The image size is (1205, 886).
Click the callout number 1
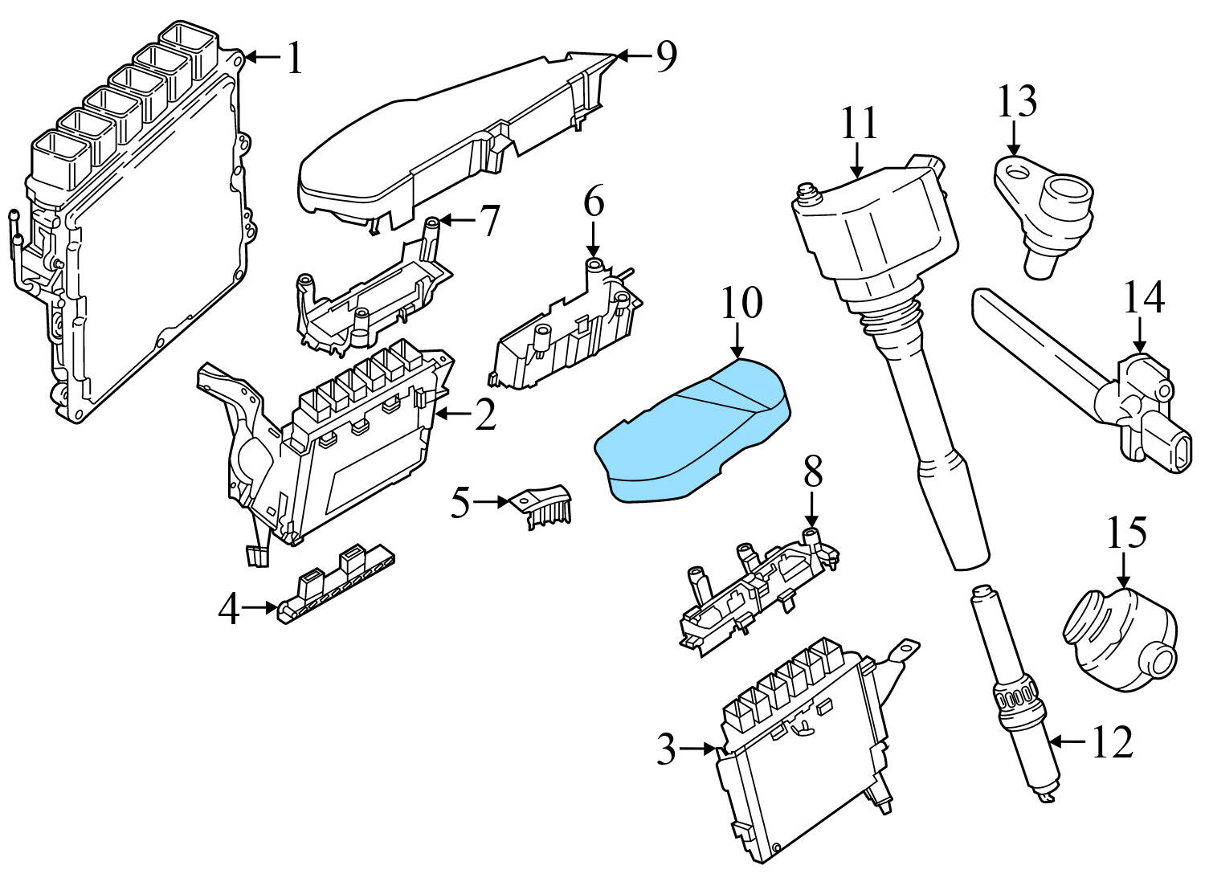295,59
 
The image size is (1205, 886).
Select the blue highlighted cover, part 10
691,434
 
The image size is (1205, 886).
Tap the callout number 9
666,57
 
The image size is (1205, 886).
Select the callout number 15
1127,533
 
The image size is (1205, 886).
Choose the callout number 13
1017,102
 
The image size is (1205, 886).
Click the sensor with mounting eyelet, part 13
1044,205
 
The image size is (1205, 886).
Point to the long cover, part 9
450,145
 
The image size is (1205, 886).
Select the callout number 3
666,749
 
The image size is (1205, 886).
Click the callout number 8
812,474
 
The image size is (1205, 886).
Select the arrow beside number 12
1068,741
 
